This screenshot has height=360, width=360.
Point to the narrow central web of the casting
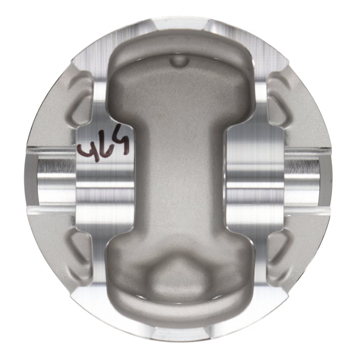click(180, 178)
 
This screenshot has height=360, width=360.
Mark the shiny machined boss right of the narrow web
click(253, 178)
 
